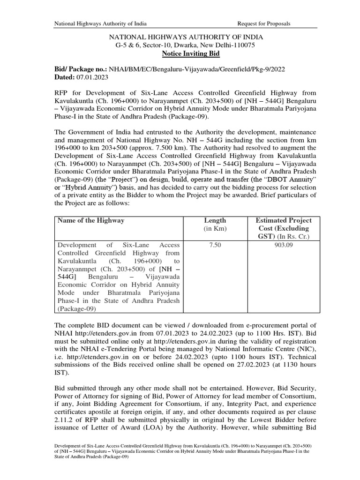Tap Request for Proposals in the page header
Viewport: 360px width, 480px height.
pyautogui.click(x=264, y=23)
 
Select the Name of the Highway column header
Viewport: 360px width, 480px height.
pyautogui.click(x=91, y=220)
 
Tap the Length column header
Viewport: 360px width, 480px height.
pyautogui.click(x=215, y=220)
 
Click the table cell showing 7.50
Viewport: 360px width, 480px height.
pyautogui.click(x=215, y=245)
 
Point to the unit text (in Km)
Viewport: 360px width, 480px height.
pyautogui.click(x=215, y=229)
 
